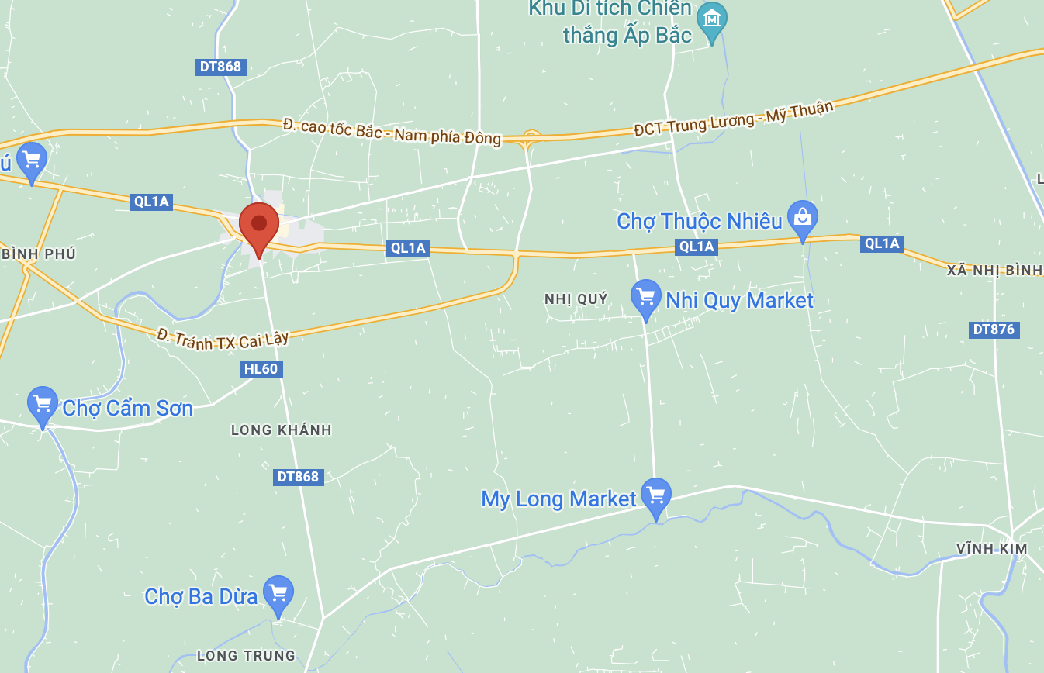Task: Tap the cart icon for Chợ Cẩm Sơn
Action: pos(43,404)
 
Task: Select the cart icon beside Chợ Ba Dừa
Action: pos(278,593)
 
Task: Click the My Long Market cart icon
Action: pos(656,495)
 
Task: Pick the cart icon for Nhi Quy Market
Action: pos(645,297)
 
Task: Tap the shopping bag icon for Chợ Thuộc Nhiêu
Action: pos(803,218)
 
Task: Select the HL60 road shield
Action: pos(261,369)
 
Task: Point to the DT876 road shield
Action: pos(994,330)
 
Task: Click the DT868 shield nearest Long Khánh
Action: pos(298,477)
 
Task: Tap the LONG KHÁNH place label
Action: pos(282,430)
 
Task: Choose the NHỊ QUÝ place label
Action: pos(576,299)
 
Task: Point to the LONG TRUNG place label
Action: pos(246,656)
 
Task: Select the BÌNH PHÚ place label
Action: pos(39,254)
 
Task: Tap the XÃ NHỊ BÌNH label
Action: pos(994,270)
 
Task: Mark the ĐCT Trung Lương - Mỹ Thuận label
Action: pos(733,118)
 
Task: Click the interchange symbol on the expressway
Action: pos(531,139)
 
